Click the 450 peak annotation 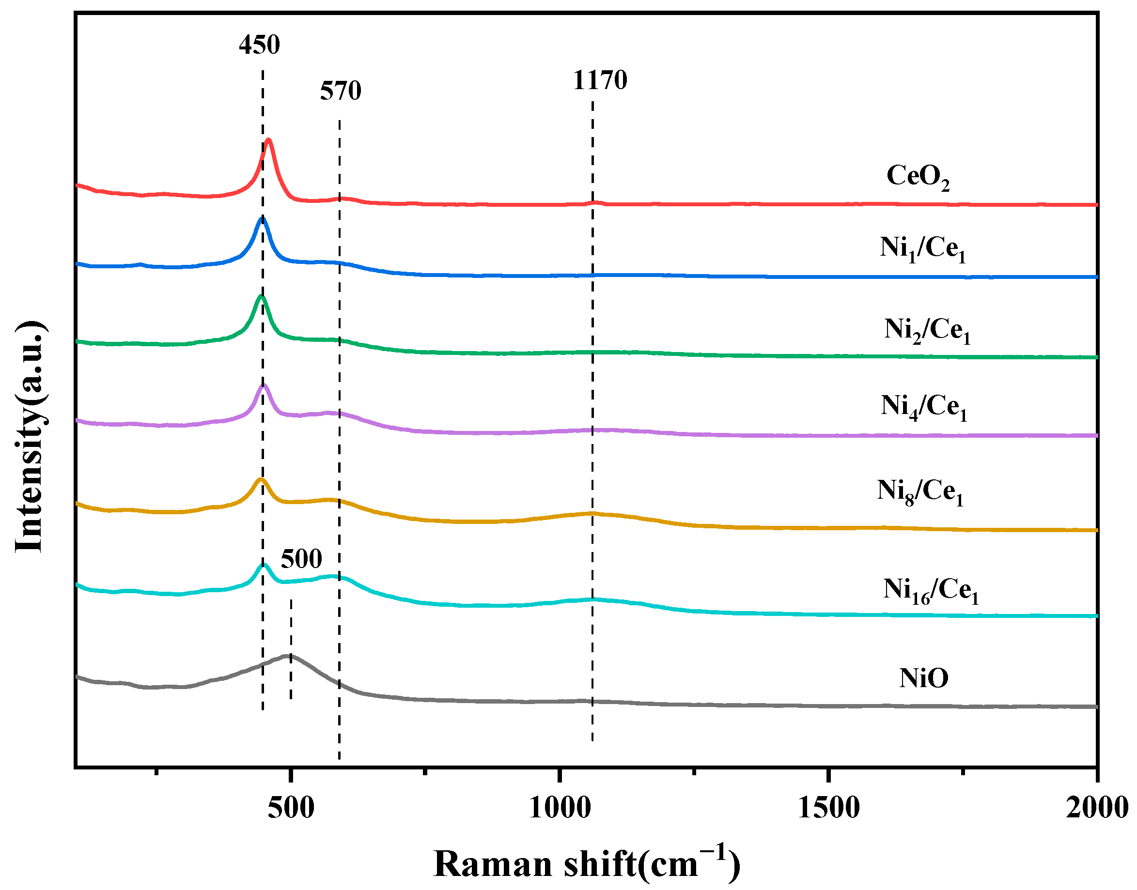pyautogui.click(x=259, y=45)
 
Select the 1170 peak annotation pyautogui.click(x=600, y=80)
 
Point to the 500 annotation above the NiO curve pyautogui.click(x=301, y=559)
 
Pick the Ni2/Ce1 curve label pyautogui.click(x=926, y=330)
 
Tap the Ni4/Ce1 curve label pyautogui.click(x=923, y=406)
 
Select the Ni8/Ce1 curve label pyautogui.click(x=919, y=491)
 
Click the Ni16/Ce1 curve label pyautogui.click(x=930, y=590)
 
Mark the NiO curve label pyautogui.click(x=923, y=678)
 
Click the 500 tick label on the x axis pyautogui.click(x=291, y=807)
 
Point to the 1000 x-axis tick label pyautogui.click(x=560, y=807)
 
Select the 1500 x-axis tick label pyautogui.click(x=828, y=807)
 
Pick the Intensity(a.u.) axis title pyautogui.click(x=30, y=437)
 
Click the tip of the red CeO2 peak pyautogui.click(x=268, y=139)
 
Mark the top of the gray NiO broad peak pyautogui.click(x=288, y=655)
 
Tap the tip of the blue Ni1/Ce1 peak pyautogui.click(x=262, y=219)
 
